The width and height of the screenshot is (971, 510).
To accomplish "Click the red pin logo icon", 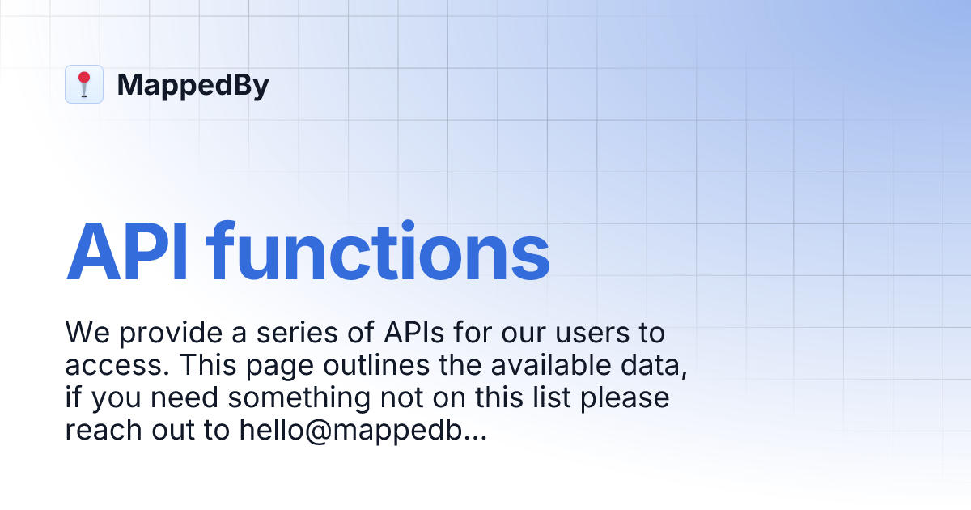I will click(x=84, y=84).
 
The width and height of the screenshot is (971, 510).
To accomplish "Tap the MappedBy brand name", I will click(x=193, y=85).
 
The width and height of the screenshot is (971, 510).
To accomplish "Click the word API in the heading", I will click(x=129, y=251).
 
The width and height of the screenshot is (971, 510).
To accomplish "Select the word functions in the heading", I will click(x=379, y=251).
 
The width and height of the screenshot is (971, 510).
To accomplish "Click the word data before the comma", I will click(x=656, y=366).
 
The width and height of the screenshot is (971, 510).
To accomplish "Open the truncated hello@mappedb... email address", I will click(x=363, y=431).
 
